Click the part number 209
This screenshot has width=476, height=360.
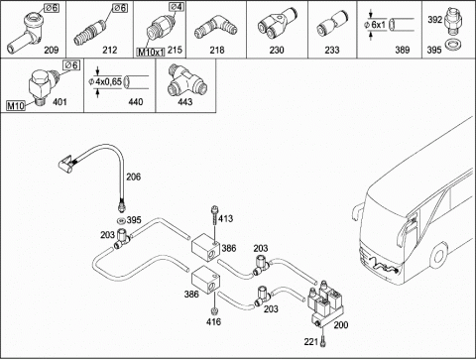coord(52,51)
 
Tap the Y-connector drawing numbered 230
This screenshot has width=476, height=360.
coord(276,24)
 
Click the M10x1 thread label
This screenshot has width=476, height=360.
coord(151,53)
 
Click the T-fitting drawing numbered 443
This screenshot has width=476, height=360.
coord(187,80)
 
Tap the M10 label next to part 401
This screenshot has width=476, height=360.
coord(16,106)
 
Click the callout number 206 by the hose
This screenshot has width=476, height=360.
coord(134,177)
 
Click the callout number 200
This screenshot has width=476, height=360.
coord(341,325)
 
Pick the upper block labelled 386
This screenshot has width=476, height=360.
coord(205,247)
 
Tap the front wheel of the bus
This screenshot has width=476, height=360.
coord(439,256)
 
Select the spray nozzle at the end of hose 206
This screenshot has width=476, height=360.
coord(67,164)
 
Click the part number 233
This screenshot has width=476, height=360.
coord(331,51)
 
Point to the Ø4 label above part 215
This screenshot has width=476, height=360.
coord(177,6)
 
